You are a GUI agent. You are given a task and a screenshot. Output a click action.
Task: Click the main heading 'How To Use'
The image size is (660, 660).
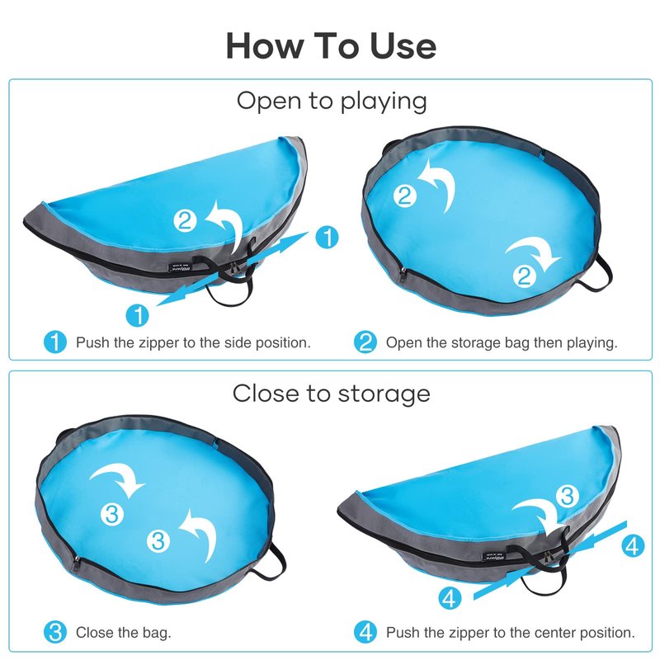pos(331,45)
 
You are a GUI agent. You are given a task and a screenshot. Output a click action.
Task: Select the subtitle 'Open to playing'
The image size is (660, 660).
pos(332,101)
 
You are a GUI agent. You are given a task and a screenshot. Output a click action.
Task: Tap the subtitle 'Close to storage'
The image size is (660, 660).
pos(332,394)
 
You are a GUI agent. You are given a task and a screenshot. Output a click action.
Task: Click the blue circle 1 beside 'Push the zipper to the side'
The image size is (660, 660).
pos(55,342)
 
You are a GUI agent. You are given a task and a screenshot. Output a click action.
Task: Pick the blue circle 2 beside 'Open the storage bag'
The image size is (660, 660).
pos(365,342)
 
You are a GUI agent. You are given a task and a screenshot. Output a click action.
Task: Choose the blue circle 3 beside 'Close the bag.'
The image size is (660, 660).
pos(55,632)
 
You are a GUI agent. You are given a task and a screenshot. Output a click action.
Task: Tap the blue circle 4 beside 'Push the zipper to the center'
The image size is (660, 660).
pos(365,632)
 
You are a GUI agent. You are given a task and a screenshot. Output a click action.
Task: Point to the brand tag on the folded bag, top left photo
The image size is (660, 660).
pos(179,267)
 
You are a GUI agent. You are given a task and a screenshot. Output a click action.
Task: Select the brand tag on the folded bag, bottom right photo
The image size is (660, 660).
pos(493,556)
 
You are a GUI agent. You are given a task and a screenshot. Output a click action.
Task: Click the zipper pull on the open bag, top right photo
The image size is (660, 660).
pos(403,274)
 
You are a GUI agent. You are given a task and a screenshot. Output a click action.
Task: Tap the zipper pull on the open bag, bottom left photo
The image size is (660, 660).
pos(77,563)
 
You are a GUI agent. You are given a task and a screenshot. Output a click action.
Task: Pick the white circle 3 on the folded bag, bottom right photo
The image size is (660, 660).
pos(567,496)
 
